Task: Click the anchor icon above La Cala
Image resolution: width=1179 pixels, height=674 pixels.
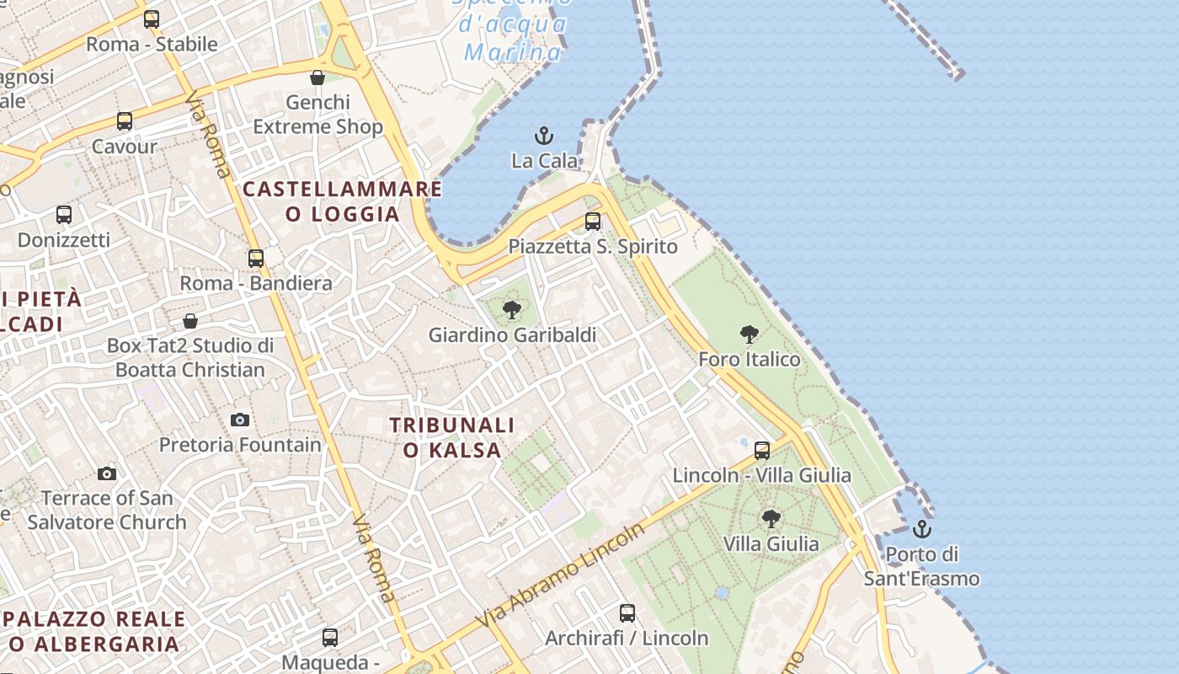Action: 544,135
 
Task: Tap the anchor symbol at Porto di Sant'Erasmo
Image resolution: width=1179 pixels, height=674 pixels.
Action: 922,529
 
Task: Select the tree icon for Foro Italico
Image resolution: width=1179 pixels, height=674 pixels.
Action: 749,334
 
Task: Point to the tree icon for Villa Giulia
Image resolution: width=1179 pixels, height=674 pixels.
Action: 770,518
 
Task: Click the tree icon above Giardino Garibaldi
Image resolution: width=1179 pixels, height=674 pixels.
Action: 511,310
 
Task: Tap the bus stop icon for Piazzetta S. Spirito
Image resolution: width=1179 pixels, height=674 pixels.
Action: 593,222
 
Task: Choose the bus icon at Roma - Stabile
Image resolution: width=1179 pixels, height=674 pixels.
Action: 152,19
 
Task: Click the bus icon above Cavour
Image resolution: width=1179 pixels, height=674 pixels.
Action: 125,121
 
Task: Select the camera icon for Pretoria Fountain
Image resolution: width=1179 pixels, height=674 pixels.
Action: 240,420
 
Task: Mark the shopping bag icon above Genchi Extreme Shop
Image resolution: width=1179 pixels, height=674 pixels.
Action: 317,78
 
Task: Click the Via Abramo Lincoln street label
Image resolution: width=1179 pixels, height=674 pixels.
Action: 560,575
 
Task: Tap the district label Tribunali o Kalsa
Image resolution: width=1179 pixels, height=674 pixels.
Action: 452,437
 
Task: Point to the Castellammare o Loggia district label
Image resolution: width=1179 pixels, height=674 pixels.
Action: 342,201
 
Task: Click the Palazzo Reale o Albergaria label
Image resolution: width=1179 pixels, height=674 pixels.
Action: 94,632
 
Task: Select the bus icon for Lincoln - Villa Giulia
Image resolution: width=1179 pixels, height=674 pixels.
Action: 762,451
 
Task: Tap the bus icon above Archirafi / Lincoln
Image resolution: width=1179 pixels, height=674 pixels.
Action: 627,612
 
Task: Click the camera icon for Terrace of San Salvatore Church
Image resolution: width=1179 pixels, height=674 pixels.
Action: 107,473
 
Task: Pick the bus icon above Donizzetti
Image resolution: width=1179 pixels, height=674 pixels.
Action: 64,214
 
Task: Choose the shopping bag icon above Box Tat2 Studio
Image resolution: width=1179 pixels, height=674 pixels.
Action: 190,321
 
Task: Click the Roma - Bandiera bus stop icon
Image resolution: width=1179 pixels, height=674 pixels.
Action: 256,259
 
